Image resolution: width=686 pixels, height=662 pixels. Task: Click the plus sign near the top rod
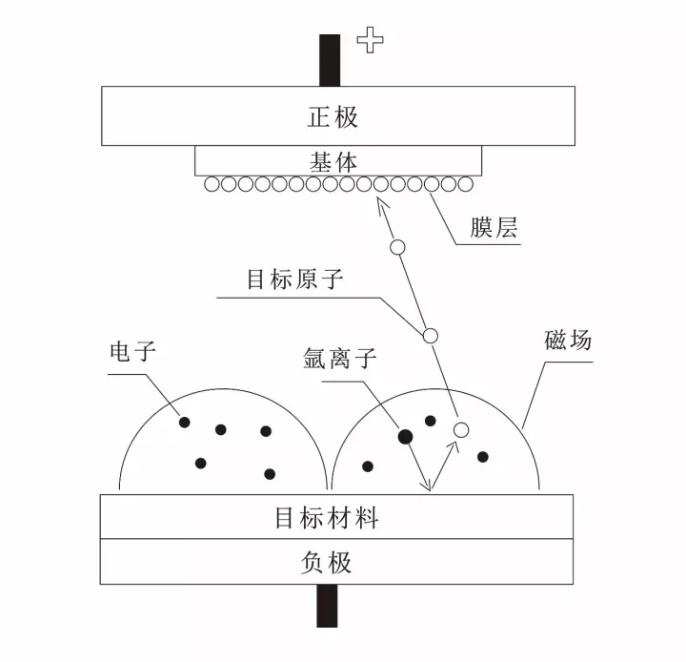pos(370,40)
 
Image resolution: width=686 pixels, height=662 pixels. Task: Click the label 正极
pos(333,117)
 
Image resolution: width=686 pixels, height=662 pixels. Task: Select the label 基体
pos(333,162)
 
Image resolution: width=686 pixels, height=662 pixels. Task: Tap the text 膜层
pos(494,227)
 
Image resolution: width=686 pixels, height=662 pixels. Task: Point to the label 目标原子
pos(294,279)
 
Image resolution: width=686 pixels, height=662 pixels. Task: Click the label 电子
pos(133,351)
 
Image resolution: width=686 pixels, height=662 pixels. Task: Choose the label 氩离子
pos(340,359)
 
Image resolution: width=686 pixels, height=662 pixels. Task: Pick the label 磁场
pos(568,340)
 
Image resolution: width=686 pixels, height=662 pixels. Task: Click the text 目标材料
pos(327,517)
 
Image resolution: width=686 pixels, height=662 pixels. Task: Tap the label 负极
pos(327,563)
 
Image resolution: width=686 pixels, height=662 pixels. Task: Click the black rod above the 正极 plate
pos(330,60)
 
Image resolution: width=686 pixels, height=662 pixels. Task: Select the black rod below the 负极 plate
pos(327,606)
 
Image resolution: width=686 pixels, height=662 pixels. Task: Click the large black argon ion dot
pos(405,436)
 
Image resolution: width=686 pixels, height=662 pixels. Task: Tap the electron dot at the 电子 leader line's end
pos(185,423)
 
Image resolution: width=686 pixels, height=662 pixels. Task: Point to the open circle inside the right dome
pos(461,430)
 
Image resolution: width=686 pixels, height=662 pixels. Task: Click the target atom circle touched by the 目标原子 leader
pos(430,336)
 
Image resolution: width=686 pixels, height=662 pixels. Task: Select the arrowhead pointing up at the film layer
pos(382,204)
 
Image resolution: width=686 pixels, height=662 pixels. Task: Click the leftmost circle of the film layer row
pos(212,184)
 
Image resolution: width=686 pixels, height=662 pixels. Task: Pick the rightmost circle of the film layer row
pos(466,184)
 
